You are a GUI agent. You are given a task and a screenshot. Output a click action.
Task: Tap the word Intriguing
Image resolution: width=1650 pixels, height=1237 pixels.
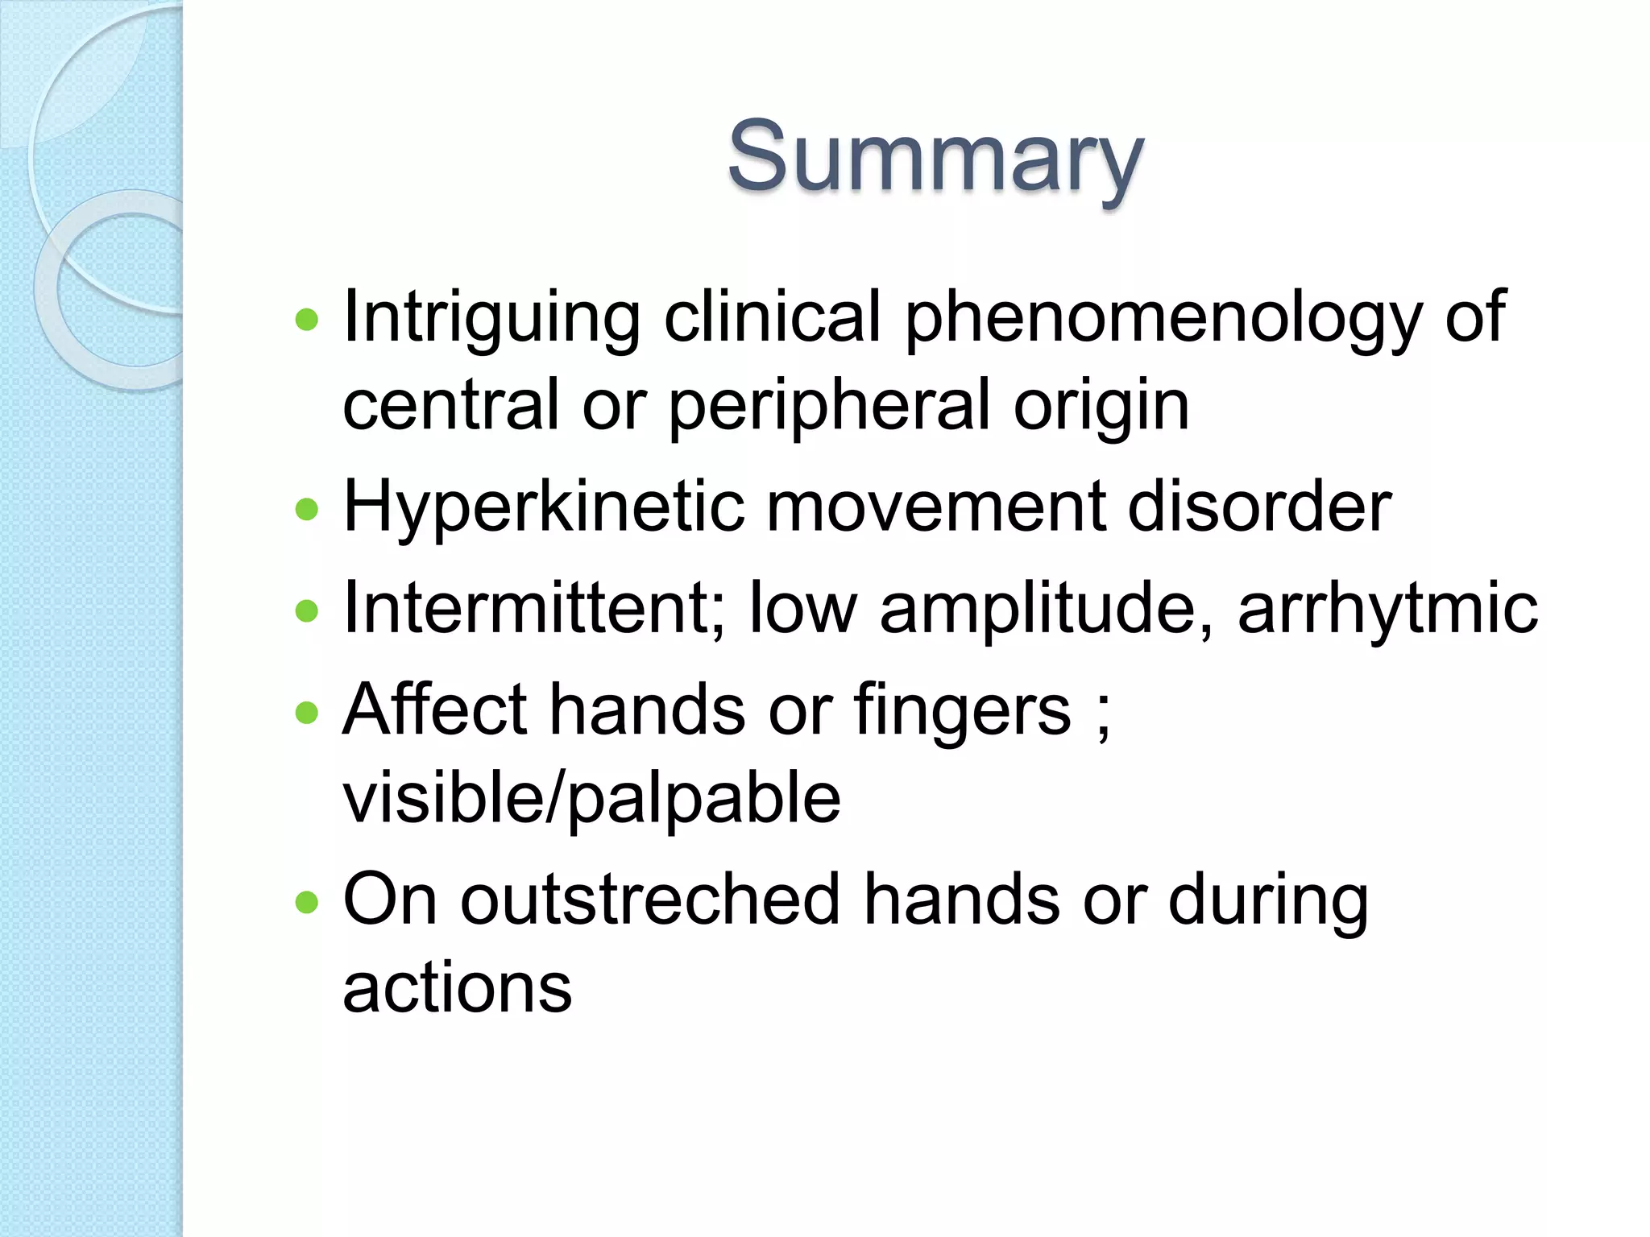click(x=491, y=318)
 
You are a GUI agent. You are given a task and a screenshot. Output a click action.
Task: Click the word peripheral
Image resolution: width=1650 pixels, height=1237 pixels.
click(x=829, y=407)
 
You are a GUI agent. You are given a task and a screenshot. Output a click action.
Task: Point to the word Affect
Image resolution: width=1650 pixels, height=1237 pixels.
click(x=434, y=710)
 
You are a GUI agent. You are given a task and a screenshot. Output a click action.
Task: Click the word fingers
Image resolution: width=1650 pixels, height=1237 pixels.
click(x=962, y=710)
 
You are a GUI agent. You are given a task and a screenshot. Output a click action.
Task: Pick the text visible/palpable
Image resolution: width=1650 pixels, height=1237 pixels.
click(x=591, y=797)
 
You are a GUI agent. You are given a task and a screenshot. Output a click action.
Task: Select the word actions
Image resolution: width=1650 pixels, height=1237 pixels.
click(x=457, y=989)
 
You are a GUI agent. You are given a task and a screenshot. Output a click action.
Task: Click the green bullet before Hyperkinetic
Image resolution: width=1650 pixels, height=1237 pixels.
click(x=307, y=509)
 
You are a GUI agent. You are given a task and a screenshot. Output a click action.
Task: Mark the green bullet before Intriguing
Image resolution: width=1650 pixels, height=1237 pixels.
click(x=307, y=321)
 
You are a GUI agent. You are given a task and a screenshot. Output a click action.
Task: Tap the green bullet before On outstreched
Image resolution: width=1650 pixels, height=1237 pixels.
click(x=307, y=902)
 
